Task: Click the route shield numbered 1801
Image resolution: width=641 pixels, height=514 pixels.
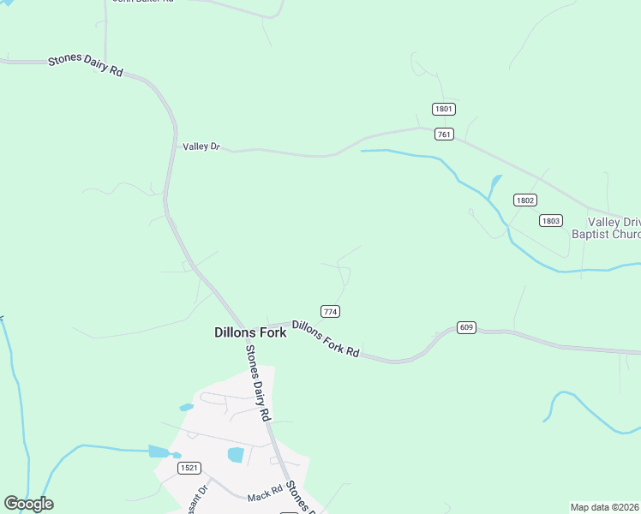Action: pos(443,109)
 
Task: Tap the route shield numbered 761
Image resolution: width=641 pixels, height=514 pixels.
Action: pos(443,134)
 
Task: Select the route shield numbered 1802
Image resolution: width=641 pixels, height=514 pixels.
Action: pos(525,200)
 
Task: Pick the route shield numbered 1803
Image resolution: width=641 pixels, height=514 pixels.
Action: pos(551,220)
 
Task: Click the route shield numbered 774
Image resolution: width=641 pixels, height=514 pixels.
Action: pos(330,310)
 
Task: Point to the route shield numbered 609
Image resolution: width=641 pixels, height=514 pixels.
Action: pos(466,327)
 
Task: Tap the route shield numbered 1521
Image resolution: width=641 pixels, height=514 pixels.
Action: pos(189,468)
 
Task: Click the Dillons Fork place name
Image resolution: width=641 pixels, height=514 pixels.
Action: pos(249,332)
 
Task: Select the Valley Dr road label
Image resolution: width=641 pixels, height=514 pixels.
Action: pos(201,147)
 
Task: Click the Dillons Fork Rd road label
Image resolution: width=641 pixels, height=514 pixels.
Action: pos(325,338)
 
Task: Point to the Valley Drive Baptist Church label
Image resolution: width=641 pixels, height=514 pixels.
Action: pos(605,228)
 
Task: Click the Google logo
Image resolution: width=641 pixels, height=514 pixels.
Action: pos(28,504)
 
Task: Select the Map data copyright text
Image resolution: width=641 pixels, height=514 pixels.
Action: pos(604,507)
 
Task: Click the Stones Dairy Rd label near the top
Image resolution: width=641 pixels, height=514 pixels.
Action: pos(85,65)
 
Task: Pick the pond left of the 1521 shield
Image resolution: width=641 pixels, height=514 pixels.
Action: pos(159,451)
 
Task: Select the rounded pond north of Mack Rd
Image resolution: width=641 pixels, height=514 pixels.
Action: pos(236,455)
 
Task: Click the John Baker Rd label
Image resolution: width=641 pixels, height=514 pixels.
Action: pos(144,2)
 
